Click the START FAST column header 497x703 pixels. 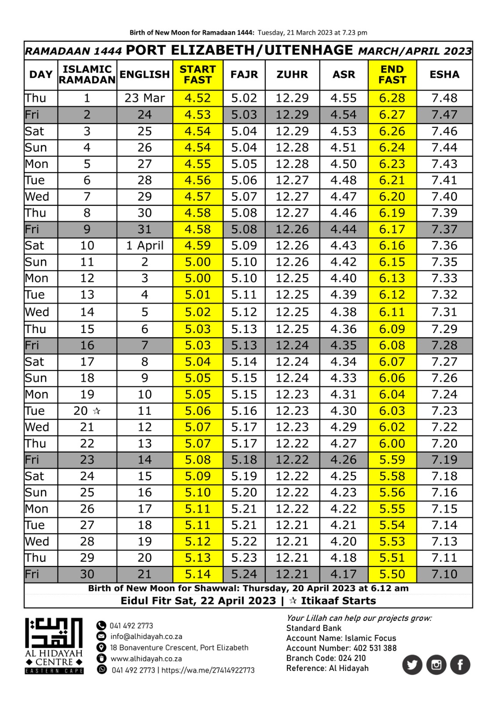pyautogui.click(x=198, y=75)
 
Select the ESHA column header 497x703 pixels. pyautogui.click(x=444, y=75)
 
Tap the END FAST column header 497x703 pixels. pyautogui.click(x=392, y=75)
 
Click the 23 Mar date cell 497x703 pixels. pyautogui.click(x=145, y=98)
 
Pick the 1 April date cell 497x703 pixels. pyautogui.click(x=145, y=246)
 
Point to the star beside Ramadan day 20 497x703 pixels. pyautogui.click(x=97, y=411)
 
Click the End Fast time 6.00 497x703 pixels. pyautogui.click(x=392, y=443)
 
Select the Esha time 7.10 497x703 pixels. pyautogui.click(x=444, y=574)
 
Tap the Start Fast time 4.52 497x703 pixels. pyautogui.click(x=198, y=98)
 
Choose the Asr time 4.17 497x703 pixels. pyautogui.click(x=344, y=574)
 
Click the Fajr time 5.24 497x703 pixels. pyautogui.click(x=244, y=574)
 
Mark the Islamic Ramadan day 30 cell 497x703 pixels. pyautogui.click(x=87, y=574)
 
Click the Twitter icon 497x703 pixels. pyautogui.click(x=412, y=665)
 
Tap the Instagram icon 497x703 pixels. pyautogui.click(x=436, y=665)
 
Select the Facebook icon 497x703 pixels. pyautogui.click(x=460, y=665)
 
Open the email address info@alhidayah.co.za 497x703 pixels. pyautogui.click(x=146, y=637)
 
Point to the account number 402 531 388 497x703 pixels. pyautogui.click(x=375, y=648)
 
